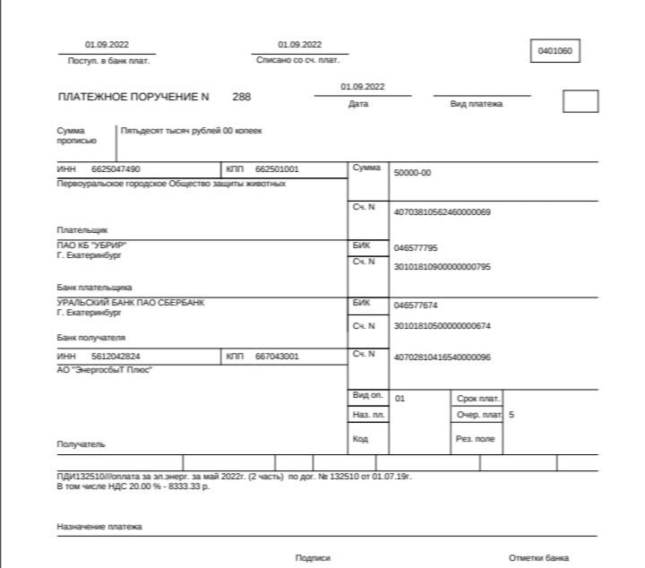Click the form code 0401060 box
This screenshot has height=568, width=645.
point(555,52)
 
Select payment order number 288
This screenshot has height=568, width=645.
point(242,96)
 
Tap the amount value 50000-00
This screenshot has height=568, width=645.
point(412,173)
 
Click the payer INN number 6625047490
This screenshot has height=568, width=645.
point(116,169)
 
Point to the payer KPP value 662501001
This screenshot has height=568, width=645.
point(277,169)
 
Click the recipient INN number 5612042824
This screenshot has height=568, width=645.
point(116,357)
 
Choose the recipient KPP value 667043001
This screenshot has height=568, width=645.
point(277,357)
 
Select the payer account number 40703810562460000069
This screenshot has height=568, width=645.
point(442,212)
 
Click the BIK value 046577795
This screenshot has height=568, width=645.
point(416,247)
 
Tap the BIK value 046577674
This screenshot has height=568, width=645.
point(416,305)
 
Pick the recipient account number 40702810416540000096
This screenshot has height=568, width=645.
point(442,357)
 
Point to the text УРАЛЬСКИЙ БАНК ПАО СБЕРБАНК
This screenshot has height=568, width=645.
point(130,303)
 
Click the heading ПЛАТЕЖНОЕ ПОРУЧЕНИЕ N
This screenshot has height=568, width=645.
point(133,97)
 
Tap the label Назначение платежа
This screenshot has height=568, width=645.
point(99,527)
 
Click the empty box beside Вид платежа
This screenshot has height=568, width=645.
point(580,101)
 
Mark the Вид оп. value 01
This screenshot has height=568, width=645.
point(400,398)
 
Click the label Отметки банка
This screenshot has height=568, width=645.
point(538,558)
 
